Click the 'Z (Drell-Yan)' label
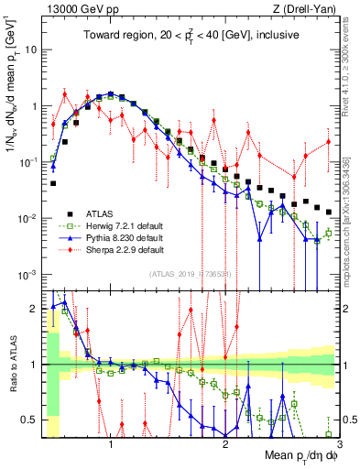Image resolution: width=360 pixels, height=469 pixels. [x=308, y=9]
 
